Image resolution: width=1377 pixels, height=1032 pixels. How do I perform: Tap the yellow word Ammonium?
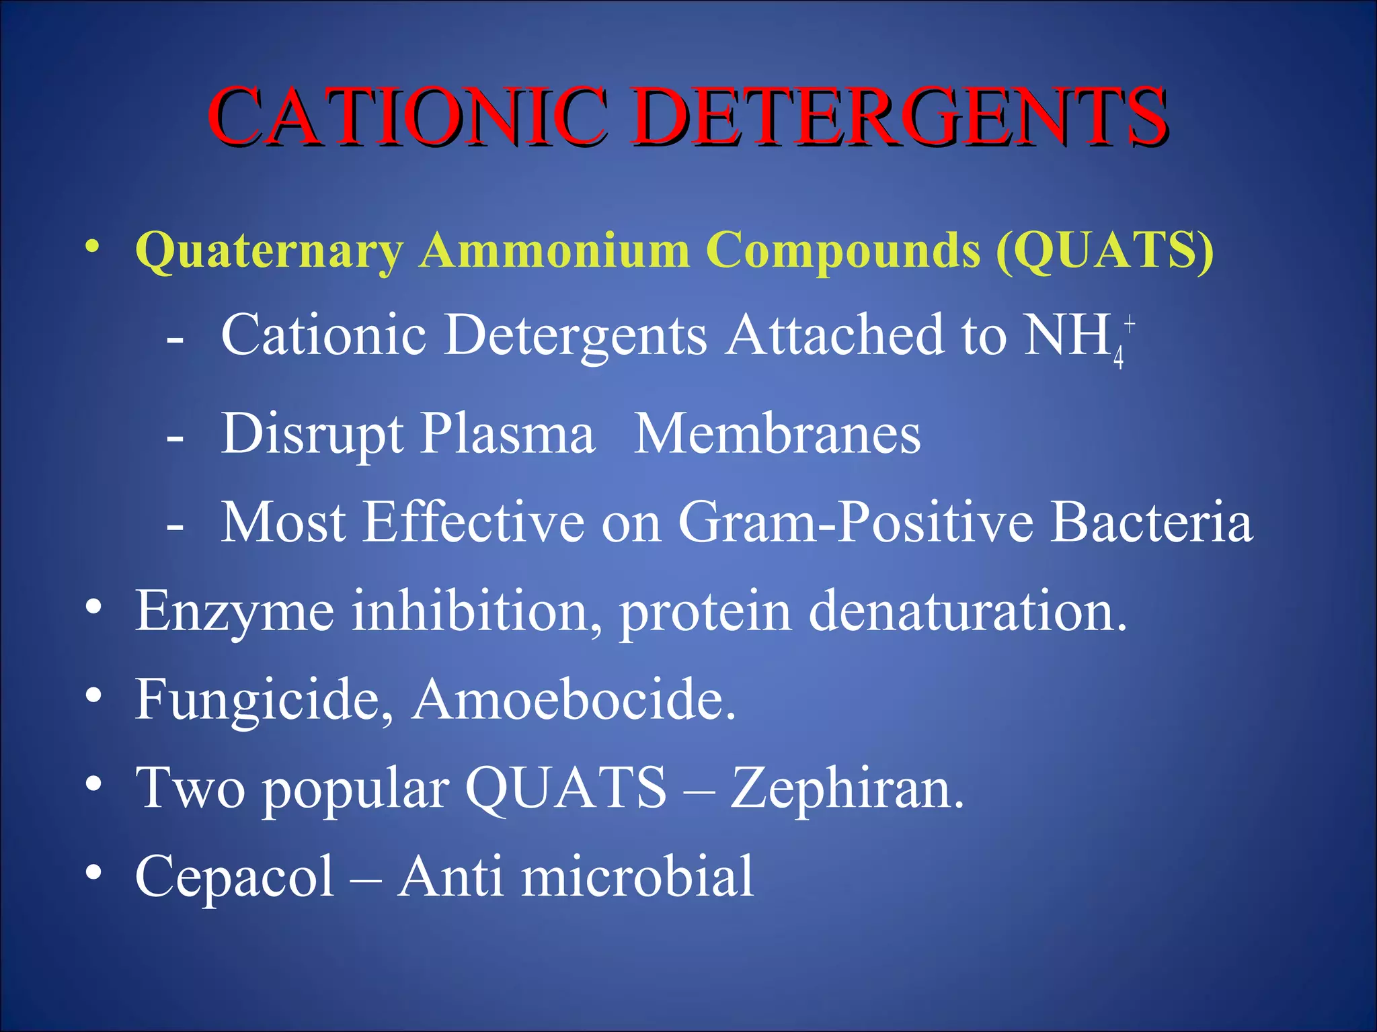click(555, 250)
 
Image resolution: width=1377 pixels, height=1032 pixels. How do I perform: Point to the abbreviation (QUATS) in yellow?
click(1105, 250)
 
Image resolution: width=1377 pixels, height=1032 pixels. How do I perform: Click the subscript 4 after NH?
click(1118, 357)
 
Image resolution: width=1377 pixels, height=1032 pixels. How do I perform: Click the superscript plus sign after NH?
click(1130, 324)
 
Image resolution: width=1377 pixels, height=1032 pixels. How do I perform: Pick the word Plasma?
click(508, 434)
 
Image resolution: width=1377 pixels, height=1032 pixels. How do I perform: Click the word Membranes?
click(777, 434)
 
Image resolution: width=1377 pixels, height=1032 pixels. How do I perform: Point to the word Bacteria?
click(1152, 522)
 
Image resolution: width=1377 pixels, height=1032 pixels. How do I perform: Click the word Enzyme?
click(235, 611)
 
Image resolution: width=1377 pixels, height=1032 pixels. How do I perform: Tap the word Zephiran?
click(847, 787)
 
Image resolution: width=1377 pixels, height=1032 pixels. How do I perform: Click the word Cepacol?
click(235, 876)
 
